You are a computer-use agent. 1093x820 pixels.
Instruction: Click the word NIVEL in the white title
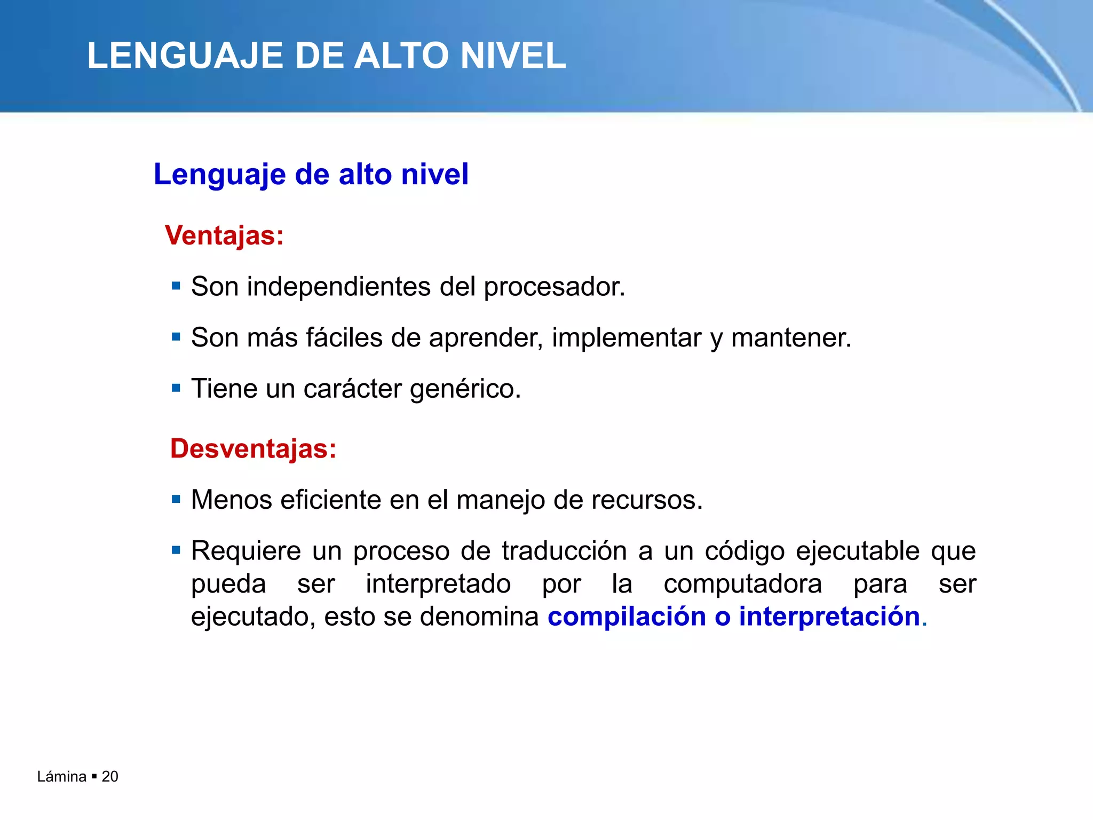point(512,56)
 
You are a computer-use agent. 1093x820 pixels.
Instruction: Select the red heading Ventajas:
point(224,235)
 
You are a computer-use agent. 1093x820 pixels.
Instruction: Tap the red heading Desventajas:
point(253,448)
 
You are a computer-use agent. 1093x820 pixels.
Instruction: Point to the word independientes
point(338,287)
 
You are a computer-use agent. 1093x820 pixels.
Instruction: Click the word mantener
point(790,338)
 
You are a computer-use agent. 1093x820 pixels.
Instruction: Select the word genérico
point(465,389)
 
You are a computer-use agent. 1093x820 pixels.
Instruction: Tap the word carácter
point(352,389)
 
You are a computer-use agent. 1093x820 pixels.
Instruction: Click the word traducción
point(564,551)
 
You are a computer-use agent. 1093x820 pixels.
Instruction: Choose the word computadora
point(742,584)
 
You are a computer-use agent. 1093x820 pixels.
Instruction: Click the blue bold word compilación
point(627,617)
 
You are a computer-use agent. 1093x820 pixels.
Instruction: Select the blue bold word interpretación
point(829,617)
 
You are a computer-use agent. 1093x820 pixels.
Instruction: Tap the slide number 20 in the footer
point(110,777)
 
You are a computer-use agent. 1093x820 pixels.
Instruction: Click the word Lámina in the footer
point(61,777)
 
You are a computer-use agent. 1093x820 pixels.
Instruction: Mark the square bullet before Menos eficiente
point(176,500)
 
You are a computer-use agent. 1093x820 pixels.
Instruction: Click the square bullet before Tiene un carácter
point(176,388)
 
